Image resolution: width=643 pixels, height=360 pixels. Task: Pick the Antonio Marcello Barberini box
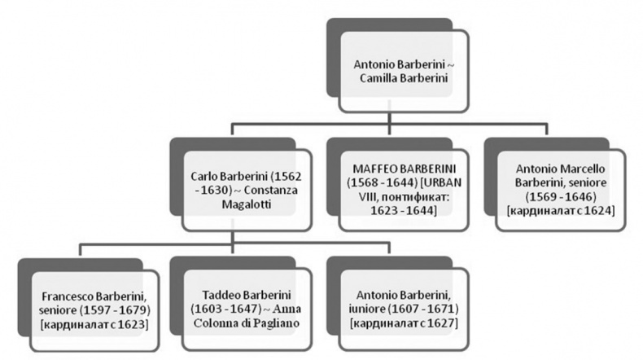[x=560, y=187]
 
